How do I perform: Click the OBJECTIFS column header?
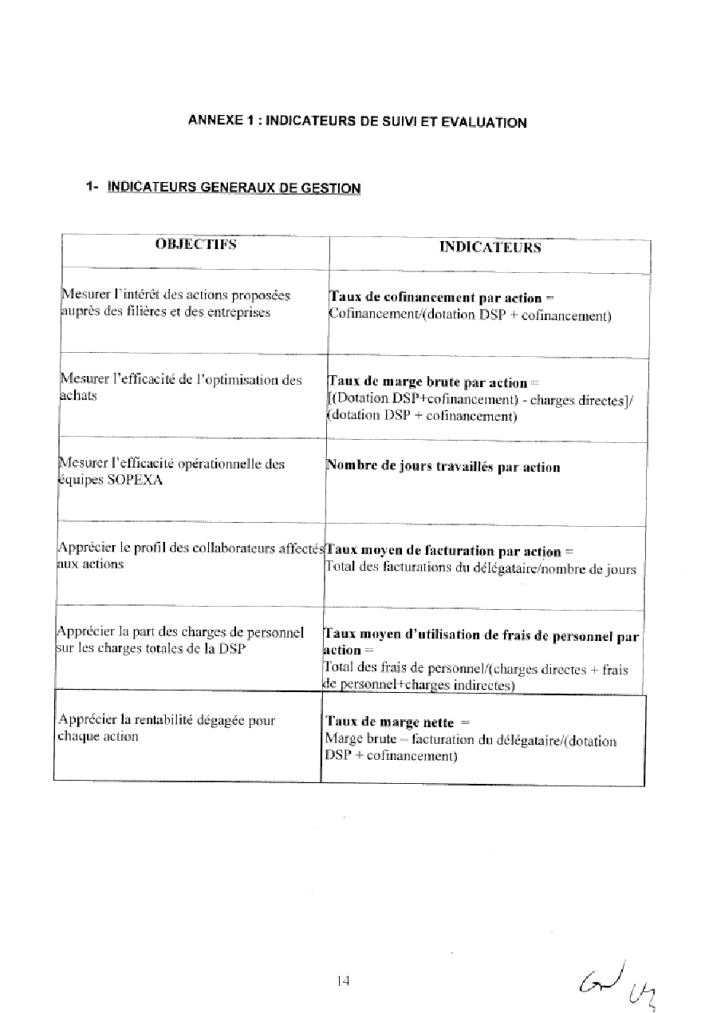click(195, 244)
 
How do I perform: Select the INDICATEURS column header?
click(490, 247)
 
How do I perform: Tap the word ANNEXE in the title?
click(214, 121)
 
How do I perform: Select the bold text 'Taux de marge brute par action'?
click(427, 382)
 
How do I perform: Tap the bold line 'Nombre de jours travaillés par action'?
click(443, 467)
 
